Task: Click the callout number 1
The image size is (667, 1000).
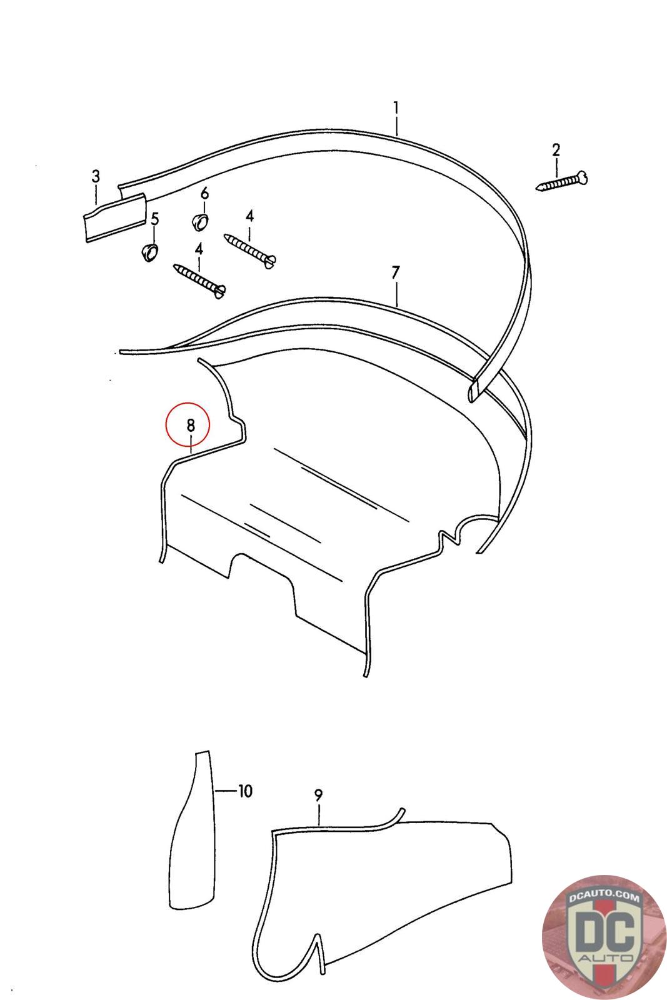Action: point(396,108)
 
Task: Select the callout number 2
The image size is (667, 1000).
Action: point(556,150)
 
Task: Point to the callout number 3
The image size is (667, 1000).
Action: point(96,176)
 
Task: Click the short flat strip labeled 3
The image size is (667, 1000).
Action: point(116,217)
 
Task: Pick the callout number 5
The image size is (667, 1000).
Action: point(154,219)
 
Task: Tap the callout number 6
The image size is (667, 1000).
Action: point(204,193)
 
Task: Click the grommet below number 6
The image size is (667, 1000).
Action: point(199,221)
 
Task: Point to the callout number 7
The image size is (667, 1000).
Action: point(396,272)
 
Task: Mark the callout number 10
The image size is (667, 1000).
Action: point(245,791)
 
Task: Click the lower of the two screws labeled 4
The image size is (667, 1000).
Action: point(199,281)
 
